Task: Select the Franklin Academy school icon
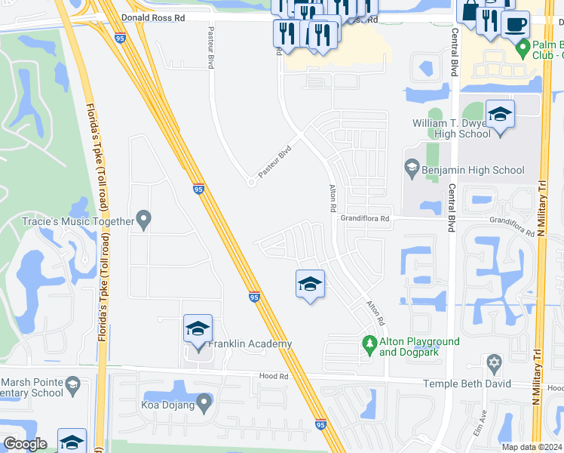pyautogui.click(x=198, y=329)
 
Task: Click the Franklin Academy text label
pyautogui.click(x=250, y=344)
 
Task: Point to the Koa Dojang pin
pyautogui.click(x=203, y=402)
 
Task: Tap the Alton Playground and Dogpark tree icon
pyautogui.click(x=369, y=344)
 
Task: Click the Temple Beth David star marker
pyautogui.click(x=494, y=364)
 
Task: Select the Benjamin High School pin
pyautogui.click(x=412, y=168)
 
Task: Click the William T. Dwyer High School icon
pyautogui.click(x=500, y=115)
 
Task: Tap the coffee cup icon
pyautogui.click(x=515, y=24)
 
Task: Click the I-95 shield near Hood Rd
pyautogui.click(x=320, y=426)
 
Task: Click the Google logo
pyautogui.click(x=25, y=444)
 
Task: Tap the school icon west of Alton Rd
pyautogui.click(x=309, y=285)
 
